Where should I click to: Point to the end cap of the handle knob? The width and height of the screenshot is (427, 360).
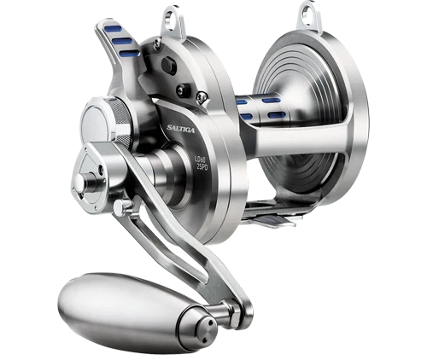(204, 322)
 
